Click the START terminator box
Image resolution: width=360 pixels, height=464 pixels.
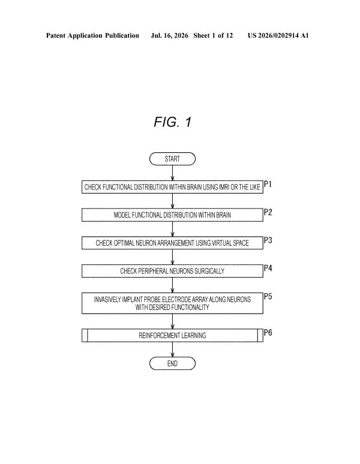click(x=172, y=159)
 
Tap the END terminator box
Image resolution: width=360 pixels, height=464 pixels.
click(x=172, y=363)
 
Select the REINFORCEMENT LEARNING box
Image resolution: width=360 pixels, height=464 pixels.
click(x=172, y=335)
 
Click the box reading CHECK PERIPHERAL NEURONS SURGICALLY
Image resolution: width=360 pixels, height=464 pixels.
click(x=172, y=271)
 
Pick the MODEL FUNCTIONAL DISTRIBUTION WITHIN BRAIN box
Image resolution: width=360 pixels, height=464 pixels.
click(x=172, y=215)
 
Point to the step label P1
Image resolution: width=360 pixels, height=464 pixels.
click(x=268, y=184)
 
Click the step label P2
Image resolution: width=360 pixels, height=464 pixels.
click(x=268, y=212)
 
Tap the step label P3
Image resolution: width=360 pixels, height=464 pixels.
click(x=268, y=240)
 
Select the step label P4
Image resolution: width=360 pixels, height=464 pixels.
click(x=268, y=268)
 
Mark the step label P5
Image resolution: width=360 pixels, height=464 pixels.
click(x=268, y=297)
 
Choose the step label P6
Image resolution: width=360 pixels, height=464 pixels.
click(x=268, y=333)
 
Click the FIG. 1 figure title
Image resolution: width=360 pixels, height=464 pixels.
click(x=173, y=122)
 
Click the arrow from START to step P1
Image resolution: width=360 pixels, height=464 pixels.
click(x=173, y=173)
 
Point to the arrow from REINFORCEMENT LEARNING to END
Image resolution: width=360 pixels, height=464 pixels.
click(x=173, y=349)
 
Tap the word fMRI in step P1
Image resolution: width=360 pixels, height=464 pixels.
click(x=224, y=187)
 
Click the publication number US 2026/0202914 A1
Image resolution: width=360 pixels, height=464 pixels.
click(x=278, y=35)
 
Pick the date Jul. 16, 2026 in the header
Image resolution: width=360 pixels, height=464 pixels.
click(x=169, y=35)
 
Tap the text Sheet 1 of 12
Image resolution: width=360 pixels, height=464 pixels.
click(x=213, y=35)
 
